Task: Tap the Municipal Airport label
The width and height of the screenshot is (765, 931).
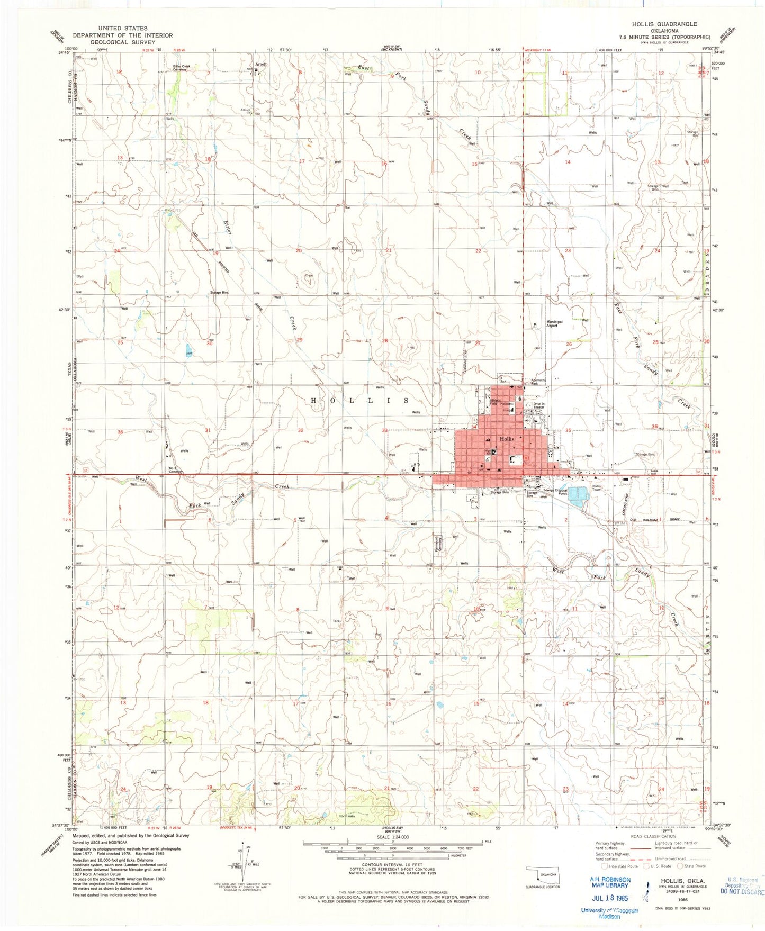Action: [x=554, y=323]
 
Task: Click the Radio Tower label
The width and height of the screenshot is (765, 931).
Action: [x=597, y=487]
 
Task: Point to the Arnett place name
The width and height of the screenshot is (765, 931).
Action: [x=260, y=64]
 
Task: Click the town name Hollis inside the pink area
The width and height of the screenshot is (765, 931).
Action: [x=507, y=439]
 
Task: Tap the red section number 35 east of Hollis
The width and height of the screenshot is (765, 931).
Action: [x=568, y=431]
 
